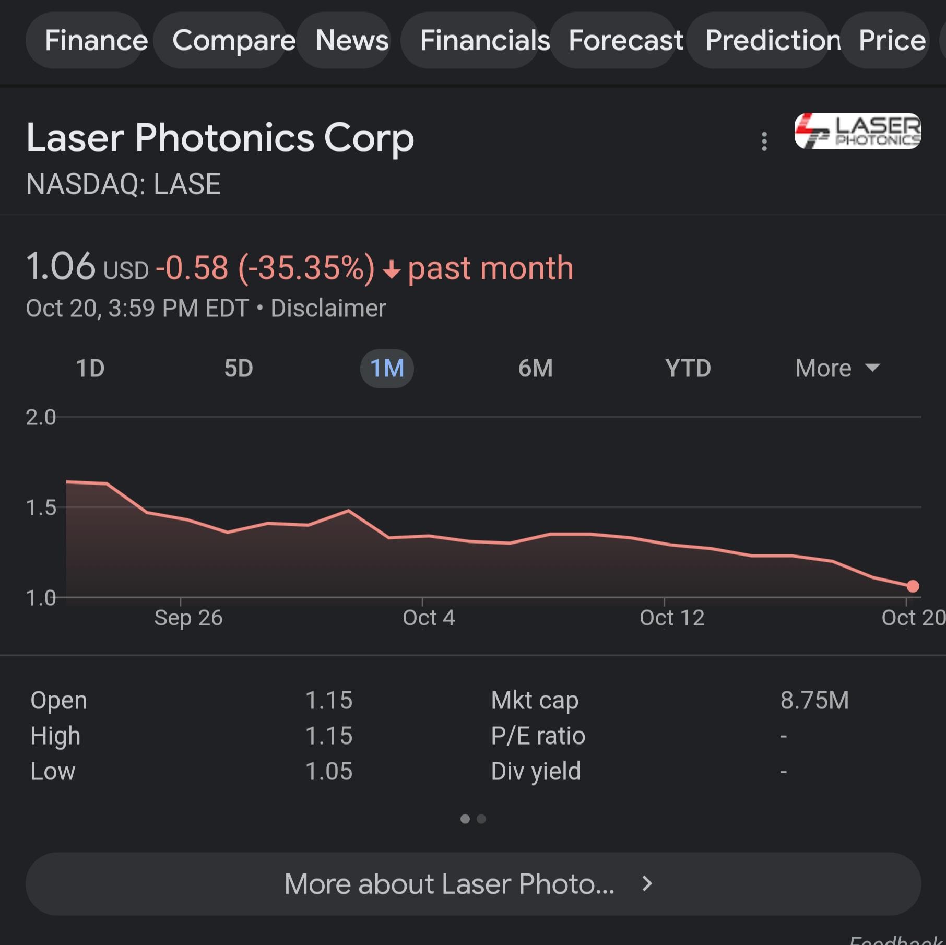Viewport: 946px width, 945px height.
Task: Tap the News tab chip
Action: click(x=352, y=40)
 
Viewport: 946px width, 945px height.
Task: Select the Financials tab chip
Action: click(x=484, y=40)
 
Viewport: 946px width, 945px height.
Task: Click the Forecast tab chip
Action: click(x=625, y=40)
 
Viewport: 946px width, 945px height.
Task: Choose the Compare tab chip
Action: click(x=233, y=40)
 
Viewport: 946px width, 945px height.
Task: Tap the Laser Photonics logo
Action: click(x=857, y=131)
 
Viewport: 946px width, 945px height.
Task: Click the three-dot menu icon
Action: click(x=764, y=141)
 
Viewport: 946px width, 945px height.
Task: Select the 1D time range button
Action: click(x=90, y=368)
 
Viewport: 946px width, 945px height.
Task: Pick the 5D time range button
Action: click(x=239, y=368)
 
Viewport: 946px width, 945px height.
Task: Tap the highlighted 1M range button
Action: click(x=387, y=368)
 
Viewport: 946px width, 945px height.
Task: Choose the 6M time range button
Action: click(x=535, y=368)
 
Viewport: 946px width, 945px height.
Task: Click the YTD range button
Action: click(x=688, y=368)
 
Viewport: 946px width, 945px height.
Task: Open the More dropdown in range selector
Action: click(x=837, y=368)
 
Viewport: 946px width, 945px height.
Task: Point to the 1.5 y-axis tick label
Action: click(x=41, y=507)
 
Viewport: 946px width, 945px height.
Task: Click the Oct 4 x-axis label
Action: click(x=429, y=618)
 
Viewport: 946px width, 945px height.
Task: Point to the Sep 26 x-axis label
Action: click(x=188, y=618)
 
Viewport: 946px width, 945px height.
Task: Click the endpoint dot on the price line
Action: click(x=913, y=586)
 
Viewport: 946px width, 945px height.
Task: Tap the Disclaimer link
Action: click(x=328, y=308)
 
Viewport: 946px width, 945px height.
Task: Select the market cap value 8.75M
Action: click(x=814, y=700)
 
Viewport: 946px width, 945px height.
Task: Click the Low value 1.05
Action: click(x=329, y=771)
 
